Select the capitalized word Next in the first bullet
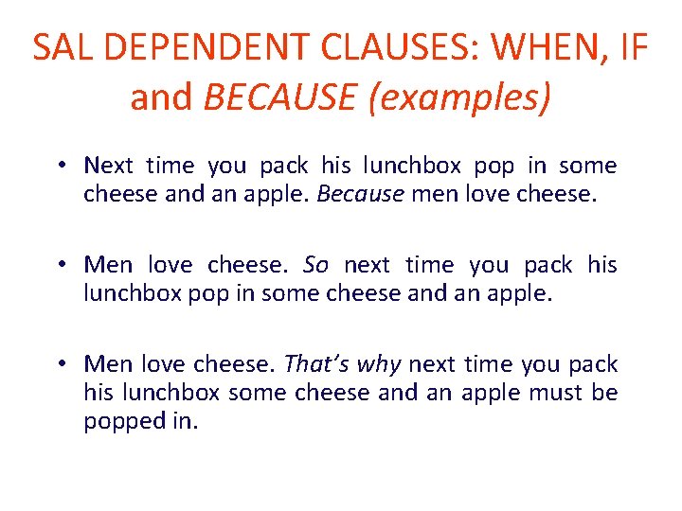(108, 166)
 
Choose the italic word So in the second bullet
(315, 265)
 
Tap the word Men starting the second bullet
(109, 265)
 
